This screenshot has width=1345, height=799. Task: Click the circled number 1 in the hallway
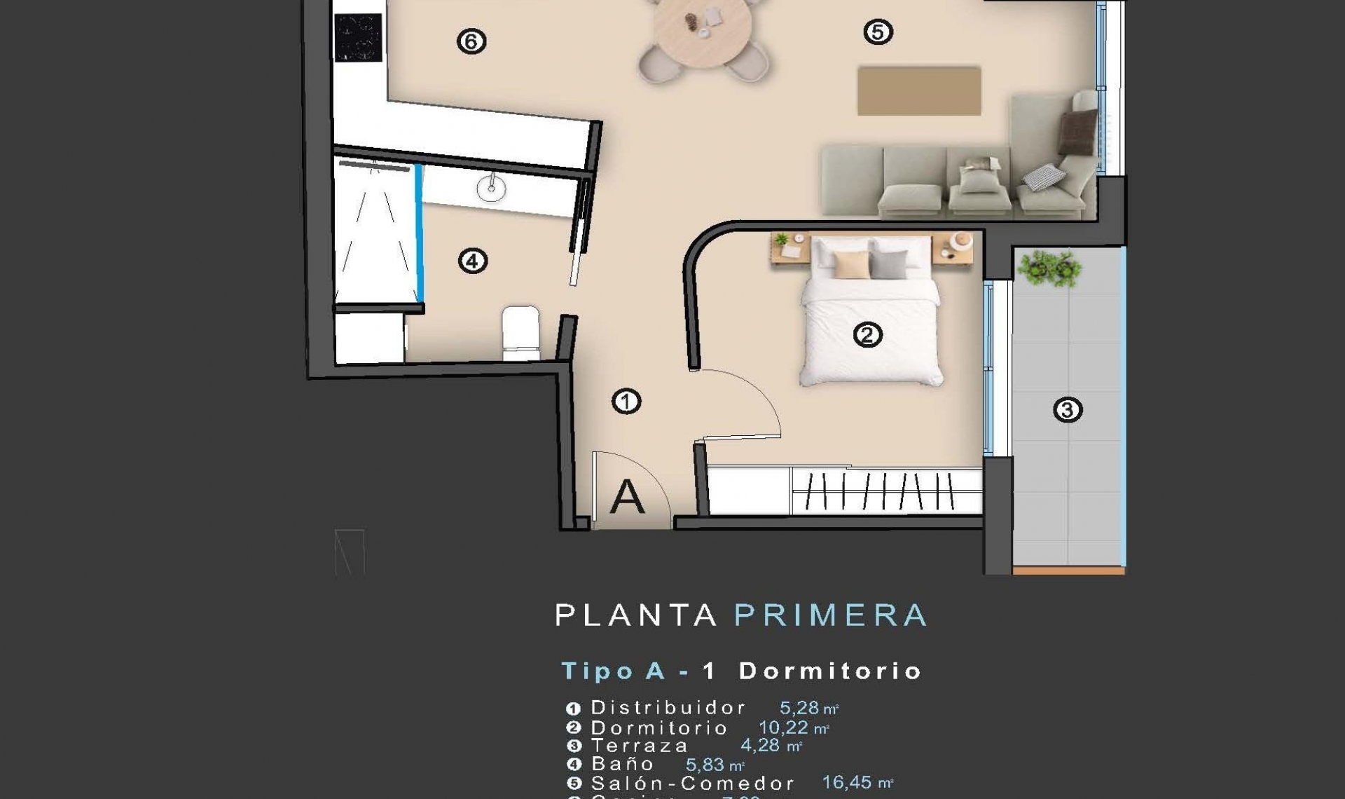(626, 402)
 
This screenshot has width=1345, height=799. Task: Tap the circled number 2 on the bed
(867, 335)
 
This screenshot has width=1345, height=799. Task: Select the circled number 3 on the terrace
(1067, 409)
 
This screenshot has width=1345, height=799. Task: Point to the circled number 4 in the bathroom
(472, 261)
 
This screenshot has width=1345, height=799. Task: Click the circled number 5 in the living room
(878, 32)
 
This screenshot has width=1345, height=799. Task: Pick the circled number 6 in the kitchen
(471, 41)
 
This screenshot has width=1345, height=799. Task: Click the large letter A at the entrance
(626, 497)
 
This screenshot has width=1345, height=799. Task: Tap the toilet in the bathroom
(520, 332)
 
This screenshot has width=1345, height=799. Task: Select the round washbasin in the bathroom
(491, 187)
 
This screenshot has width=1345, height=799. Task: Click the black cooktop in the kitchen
(359, 38)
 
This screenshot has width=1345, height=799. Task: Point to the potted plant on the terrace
(1049, 268)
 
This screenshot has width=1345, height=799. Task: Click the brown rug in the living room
(918, 90)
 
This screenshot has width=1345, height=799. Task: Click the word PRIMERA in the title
(830, 615)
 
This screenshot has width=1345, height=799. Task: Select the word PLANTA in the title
(636, 615)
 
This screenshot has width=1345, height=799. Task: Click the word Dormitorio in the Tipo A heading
(830, 671)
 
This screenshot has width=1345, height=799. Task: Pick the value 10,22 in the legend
(783, 728)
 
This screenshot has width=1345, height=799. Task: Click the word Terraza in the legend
(640, 746)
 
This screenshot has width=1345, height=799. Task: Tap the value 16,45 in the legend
(847, 782)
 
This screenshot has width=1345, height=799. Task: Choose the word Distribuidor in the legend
(668, 708)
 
